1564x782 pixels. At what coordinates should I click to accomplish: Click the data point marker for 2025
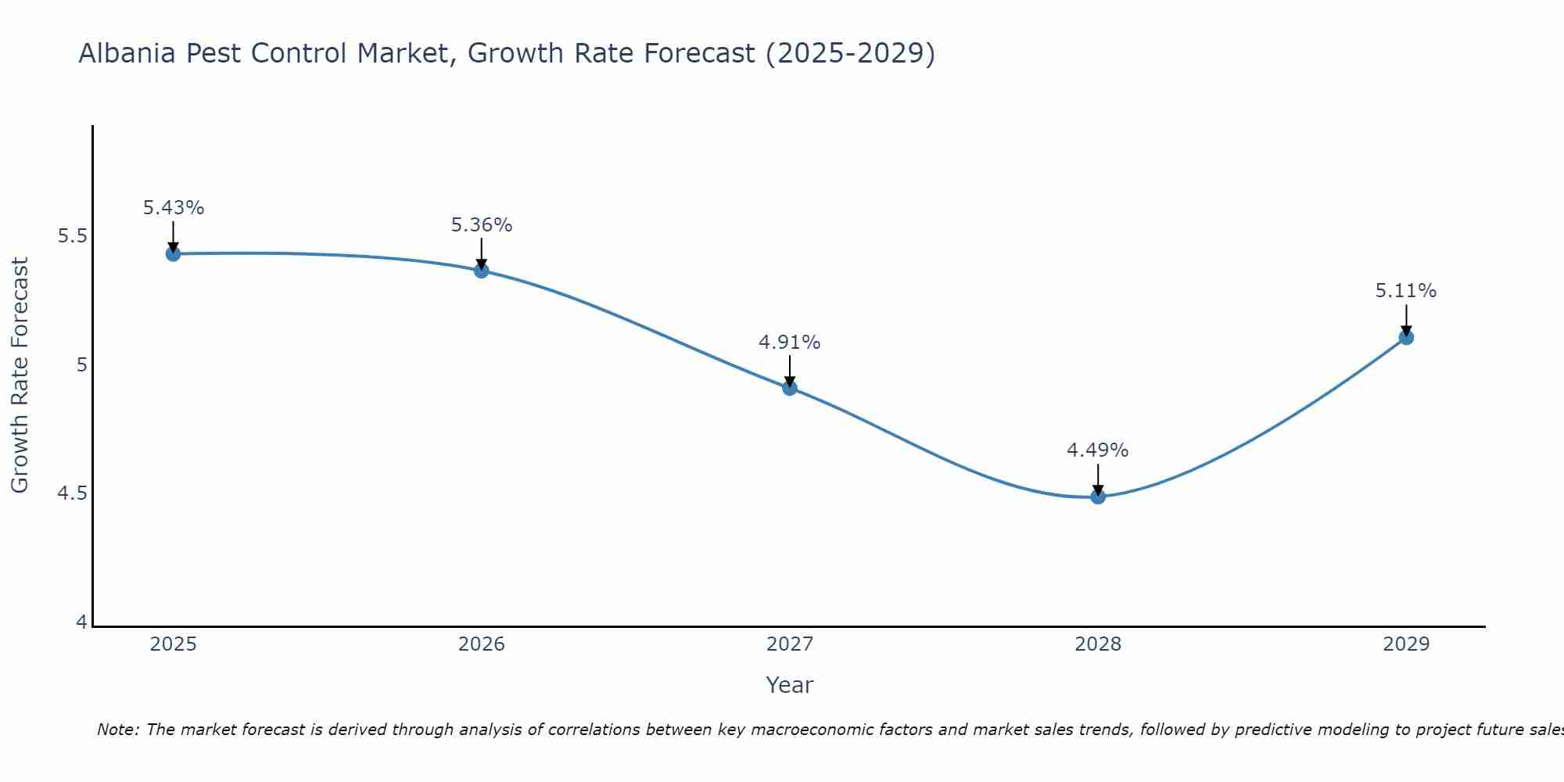[x=174, y=253]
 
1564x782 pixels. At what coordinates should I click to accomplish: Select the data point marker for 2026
[x=482, y=271]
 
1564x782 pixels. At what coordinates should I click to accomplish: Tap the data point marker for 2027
[x=790, y=387]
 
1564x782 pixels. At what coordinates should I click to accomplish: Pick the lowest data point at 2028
[x=1098, y=496]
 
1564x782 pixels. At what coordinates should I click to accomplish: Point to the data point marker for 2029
[x=1406, y=337]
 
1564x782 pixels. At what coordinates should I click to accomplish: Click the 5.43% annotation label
[x=174, y=208]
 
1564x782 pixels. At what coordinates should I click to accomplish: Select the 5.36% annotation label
[x=482, y=225]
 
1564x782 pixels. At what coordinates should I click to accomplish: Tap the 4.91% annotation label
[x=790, y=343]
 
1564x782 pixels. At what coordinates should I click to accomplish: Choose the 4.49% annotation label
[x=1098, y=450]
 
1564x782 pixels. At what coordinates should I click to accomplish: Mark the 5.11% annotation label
[x=1406, y=291]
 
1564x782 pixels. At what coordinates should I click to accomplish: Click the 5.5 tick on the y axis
[x=72, y=236]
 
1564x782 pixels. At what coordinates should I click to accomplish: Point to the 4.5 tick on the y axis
[x=72, y=493]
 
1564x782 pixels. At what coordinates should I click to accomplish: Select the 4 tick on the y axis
[x=81, y=622]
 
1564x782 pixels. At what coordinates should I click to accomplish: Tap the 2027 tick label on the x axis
[x=790, y=644]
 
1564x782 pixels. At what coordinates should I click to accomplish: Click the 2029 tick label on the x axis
[x=1406, y=644]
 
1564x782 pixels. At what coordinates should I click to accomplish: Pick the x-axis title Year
[x=790, y=685]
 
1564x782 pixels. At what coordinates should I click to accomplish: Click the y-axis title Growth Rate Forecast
[x=20, y=375]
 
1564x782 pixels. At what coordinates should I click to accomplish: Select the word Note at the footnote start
[x=117, y=730]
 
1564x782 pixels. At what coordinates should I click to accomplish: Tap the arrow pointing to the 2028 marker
[x=1098, y=479]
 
